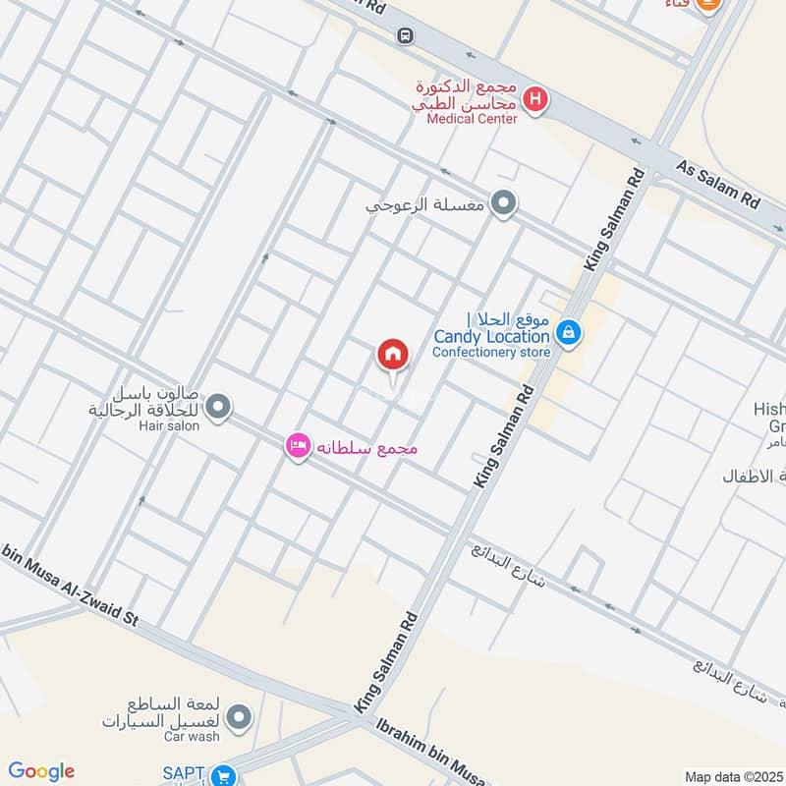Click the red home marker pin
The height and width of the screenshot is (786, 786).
(393, 356)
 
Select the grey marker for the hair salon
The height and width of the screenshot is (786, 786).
(218, 406)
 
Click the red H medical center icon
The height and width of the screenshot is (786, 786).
(535, 98)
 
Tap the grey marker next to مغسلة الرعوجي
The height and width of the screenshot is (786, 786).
(504, 204)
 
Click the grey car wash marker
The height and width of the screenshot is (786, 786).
(235, 718)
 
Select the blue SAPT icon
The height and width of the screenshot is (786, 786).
(224, 775)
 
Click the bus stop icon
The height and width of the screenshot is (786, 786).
(405, 35)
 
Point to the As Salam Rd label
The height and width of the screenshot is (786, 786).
(719, 184)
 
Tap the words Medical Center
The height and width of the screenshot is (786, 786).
(472, 119)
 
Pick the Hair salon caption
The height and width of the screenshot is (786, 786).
(169, 425)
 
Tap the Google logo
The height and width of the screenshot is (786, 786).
(41, 771)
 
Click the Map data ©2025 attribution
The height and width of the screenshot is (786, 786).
(732, 777)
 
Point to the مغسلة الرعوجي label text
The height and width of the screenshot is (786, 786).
(425, 207)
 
